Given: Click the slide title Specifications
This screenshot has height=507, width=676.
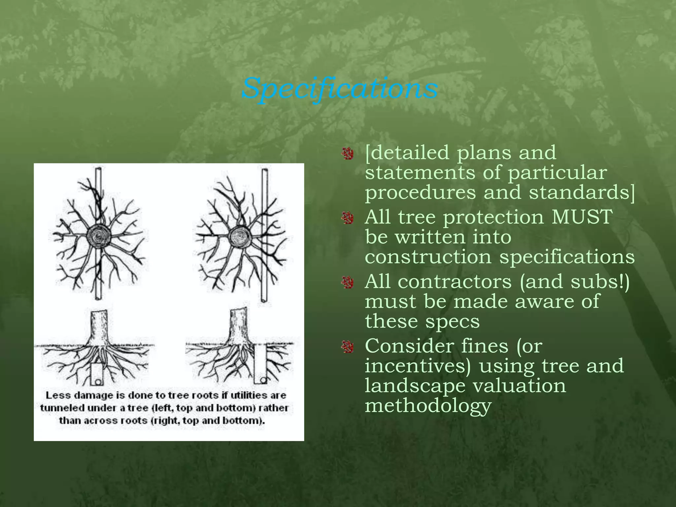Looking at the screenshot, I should point(340,88).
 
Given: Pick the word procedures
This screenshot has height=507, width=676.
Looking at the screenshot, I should point(420,192).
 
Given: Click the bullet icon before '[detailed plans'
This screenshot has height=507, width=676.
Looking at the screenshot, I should point(347,153).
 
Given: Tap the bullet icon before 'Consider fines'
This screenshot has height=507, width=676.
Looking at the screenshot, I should point(347,347).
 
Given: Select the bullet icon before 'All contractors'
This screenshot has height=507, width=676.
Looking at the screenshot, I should point(347,283).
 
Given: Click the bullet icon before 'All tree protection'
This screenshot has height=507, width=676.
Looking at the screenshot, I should point(347,218).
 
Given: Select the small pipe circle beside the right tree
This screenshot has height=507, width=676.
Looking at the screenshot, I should point(263,380).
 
